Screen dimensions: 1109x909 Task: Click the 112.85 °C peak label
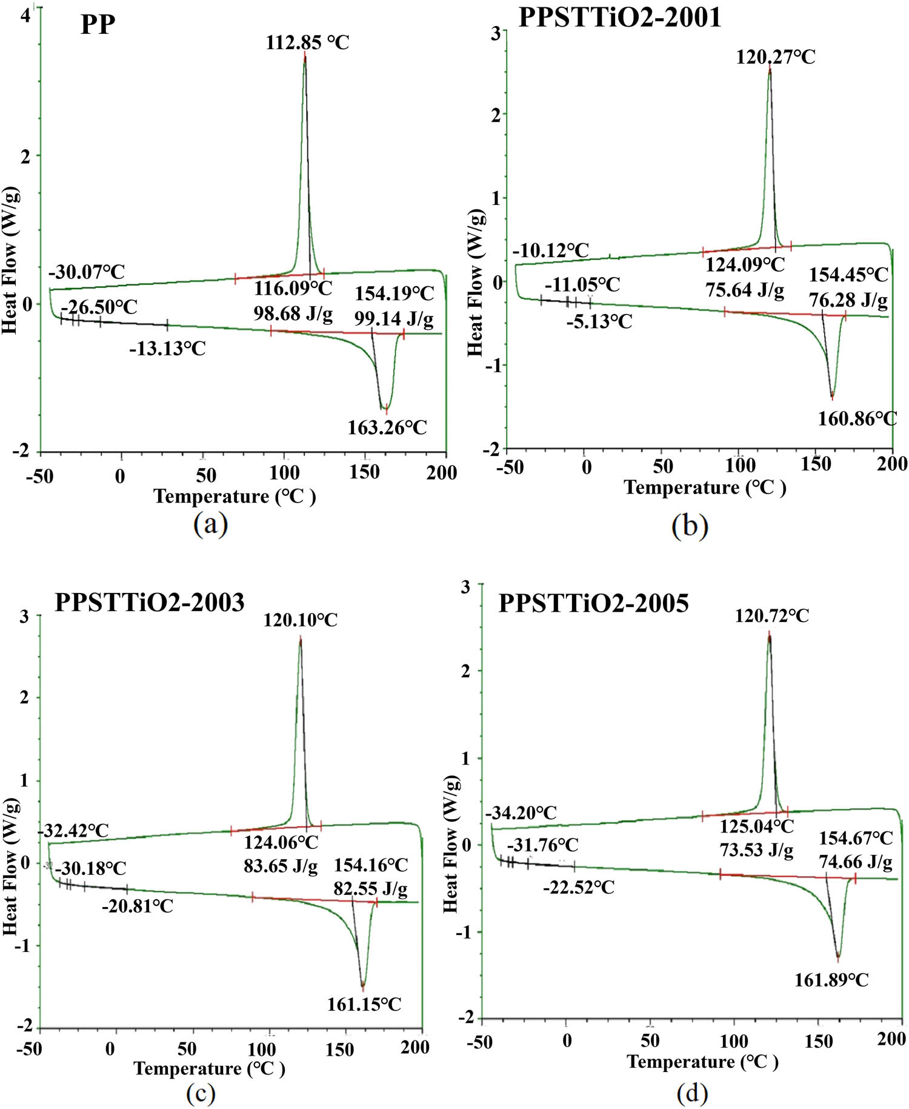click(x=307, y=43)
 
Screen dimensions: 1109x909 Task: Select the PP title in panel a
click(x=98, y=25)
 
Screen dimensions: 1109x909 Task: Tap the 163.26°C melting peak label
click(x=387, y=427)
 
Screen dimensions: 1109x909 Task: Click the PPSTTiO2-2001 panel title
click(x=619, y=17)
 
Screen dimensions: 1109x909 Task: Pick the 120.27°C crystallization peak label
click(x=775, y=58)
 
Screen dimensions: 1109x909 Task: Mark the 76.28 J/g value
click(x=848, y=300)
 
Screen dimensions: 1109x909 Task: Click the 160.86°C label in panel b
click(x=857, y=418)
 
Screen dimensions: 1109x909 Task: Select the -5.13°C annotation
click(x=599, y=321)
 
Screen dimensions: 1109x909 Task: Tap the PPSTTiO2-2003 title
click(x=150, y=602)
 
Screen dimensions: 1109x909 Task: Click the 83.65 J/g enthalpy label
click(x=281, y=866)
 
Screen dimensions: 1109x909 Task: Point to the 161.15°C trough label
click(x=364, y=1005)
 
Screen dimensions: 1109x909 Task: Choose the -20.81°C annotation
click(x=138, y=906)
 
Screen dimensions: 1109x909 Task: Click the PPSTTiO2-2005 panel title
click(x=593, y=603)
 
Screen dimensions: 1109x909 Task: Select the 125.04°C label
click(x=756, y=826)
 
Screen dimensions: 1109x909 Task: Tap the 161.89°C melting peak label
click(x=831, y=979)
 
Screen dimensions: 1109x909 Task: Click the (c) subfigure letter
click(x=201, y=1093)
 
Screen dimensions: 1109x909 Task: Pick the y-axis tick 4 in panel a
click(x=25, y=16)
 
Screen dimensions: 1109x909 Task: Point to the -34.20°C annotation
click(x=521, y=812)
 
